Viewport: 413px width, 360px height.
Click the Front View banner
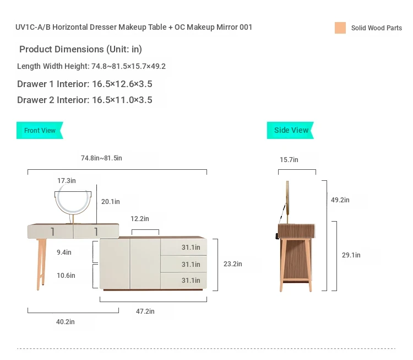(x=40, y=130)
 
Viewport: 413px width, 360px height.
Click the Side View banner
(x=290, y=130)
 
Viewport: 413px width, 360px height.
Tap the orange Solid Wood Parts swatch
(x=340, y=28)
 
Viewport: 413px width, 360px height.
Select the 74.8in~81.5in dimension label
(x=101, y=158)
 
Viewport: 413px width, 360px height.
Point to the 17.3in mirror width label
(x=67, y=181)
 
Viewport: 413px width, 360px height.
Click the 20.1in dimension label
(x=110, y=201)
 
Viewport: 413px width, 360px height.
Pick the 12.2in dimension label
(x=140, y=219)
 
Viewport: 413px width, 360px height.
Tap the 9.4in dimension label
(x=64, y=252)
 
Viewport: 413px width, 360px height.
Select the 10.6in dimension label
(x=66, y=275)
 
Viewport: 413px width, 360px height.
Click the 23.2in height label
(x=232, y=264)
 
